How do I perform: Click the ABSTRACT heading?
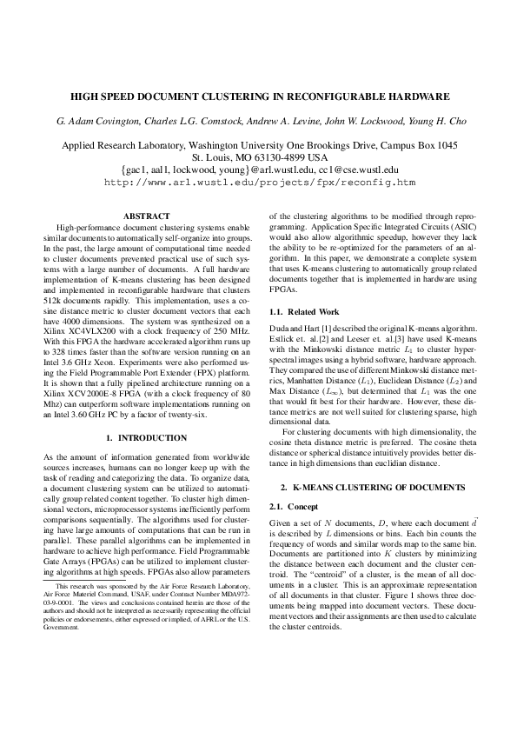[x=146, y=214]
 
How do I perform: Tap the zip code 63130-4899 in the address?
[x=272, y=157]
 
